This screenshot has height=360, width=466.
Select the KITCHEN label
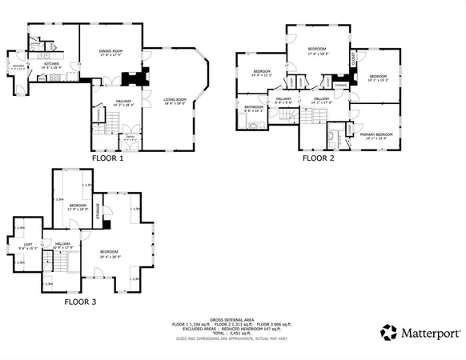tap(50, 65)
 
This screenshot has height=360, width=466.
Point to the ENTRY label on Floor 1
tap(129, 136)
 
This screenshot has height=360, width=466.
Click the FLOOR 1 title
tap(108, 158)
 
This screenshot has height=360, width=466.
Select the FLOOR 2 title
tap(318, 158)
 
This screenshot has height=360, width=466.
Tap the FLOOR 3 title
tap(81, 302)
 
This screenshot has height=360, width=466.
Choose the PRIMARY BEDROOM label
tap(374, 135)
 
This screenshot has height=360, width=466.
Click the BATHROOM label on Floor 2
tap(254, 107)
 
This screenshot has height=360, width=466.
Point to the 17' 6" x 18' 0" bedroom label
tap(318, 52)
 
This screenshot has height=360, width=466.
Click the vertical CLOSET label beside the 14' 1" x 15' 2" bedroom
tap(354, 61)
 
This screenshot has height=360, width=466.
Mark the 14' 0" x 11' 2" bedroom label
tap(262, 73)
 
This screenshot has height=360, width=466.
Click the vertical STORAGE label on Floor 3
tap(98, 211)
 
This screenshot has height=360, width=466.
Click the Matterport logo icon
tap(388, 331)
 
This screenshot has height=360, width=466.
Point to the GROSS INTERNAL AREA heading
tap(233, 318)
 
